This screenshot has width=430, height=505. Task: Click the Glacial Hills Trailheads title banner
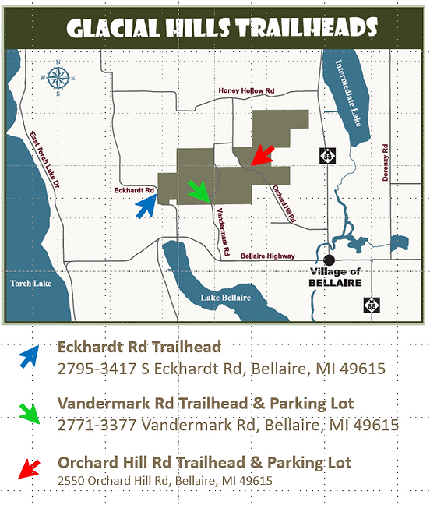pos(222,30)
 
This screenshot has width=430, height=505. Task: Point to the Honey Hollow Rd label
pos(246,91)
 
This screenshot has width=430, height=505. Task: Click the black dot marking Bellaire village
pos(330,260)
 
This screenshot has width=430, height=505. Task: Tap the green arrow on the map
pos(200,191)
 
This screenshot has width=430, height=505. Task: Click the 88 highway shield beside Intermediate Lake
pos(327,156)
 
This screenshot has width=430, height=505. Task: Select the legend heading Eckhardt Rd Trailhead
pos(139,347)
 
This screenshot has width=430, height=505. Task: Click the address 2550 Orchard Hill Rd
pos(165,480)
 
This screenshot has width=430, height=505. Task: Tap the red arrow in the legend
pos(29,468)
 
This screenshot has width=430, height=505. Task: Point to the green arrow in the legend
pos(29,411)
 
